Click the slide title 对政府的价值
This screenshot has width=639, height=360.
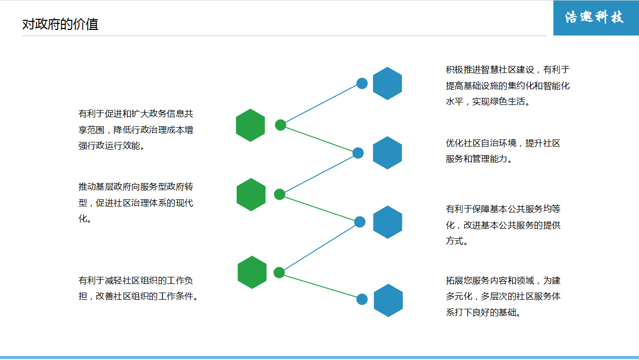tap(60, 24)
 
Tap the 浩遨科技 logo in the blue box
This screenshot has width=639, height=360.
tap(595, 18)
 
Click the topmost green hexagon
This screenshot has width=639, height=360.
tap(250, 125)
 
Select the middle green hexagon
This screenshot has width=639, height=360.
tap(251, 195)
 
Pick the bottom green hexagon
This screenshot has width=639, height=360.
tap(252, 272)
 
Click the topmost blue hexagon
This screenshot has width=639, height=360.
tap(387, 83)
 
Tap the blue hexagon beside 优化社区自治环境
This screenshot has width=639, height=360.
tap(387, 153)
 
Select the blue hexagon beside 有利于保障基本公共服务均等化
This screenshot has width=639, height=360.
tap(388, 222)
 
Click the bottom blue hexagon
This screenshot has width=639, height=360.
tap(388, 300)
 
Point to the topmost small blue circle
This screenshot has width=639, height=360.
tap(362, 84)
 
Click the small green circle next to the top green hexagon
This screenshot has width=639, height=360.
tap(280, 125)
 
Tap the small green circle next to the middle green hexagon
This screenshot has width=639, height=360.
tap(280, 194)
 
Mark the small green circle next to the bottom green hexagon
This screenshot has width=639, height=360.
tap(279, 272)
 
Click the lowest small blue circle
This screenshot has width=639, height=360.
tap(362, 299)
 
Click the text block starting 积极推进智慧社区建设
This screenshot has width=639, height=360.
tap(507, 85)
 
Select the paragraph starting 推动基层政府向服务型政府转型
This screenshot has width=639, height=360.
tap(135, 203)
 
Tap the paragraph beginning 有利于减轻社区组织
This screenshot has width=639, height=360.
tap(138, 288)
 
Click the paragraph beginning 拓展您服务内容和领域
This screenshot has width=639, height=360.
tap(503, 296)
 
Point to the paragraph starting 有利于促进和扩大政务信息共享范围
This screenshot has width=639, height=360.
tap(135, 129)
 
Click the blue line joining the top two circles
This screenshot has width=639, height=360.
tap(321, 104)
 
